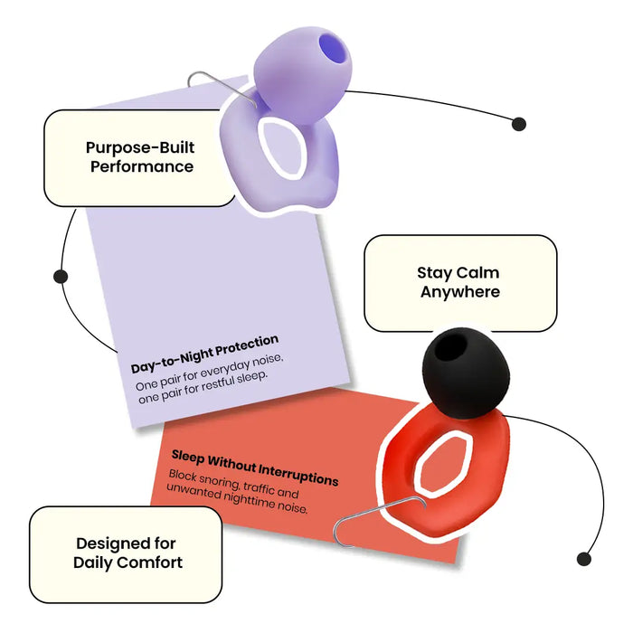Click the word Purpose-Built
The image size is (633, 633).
[140, 148]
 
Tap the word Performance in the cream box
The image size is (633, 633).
[142, 166]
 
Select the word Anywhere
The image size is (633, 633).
[460, 292]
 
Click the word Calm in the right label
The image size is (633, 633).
[478, 272]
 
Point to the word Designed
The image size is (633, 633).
[107, 543]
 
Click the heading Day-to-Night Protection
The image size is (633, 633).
[204, 354]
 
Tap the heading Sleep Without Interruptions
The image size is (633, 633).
[255, 468]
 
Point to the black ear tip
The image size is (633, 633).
[466, 373]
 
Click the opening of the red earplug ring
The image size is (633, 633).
[443, 462]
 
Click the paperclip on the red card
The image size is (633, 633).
[379, 522]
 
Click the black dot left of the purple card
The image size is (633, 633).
[61, 277]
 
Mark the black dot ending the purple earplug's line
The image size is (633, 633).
[519, 124]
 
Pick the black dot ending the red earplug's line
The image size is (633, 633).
[584, 559]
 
